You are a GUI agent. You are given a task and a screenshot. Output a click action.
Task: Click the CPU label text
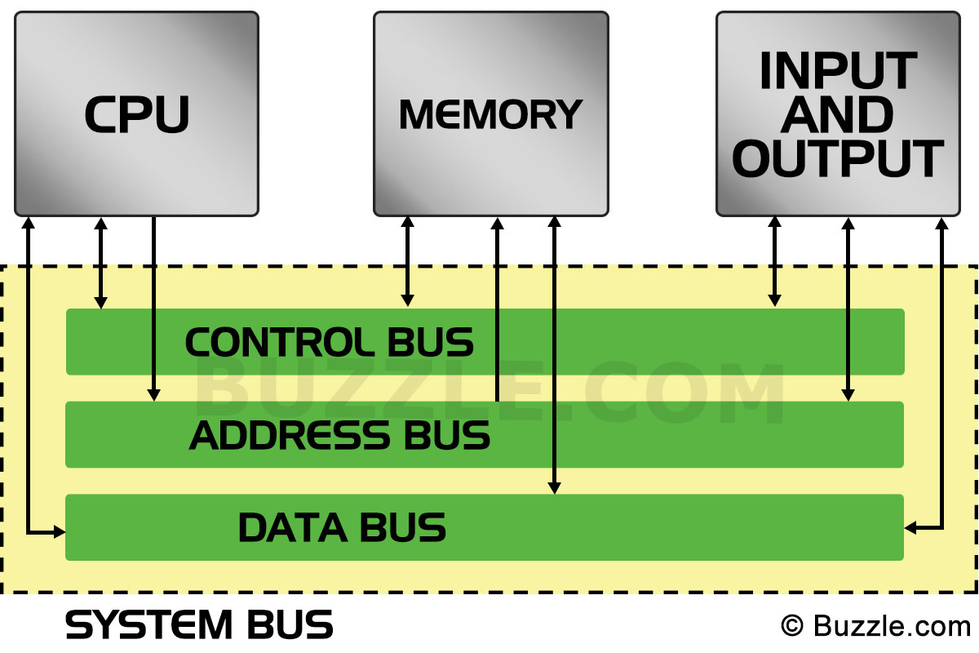[x=137, y=114]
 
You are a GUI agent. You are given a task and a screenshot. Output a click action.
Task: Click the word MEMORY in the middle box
[x=490, y=114]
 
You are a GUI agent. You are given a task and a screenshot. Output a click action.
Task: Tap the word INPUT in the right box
[x=838, y=72]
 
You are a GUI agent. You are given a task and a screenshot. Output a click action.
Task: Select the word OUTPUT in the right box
[x=838, y=158]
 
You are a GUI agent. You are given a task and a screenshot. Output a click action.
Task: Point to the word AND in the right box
[x=838, y=115]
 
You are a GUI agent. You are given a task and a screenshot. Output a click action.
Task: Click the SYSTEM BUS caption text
[x=200, y=625]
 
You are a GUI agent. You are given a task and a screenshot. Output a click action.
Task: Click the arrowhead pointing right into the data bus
[x=60, y=533]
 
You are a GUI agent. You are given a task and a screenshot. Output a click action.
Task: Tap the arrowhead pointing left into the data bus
[x=910, y=529]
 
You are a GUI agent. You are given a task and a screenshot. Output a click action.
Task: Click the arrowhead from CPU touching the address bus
[x=153, y=395]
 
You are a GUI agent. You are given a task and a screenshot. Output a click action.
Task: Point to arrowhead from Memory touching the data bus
[x=555, y=487]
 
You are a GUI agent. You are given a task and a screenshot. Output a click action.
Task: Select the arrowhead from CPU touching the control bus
[x=101, y=302]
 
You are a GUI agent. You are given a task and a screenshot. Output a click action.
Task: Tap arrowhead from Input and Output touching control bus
[x=774, y=301]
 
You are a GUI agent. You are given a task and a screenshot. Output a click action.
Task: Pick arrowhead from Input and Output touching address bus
[x=848, y=394]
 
